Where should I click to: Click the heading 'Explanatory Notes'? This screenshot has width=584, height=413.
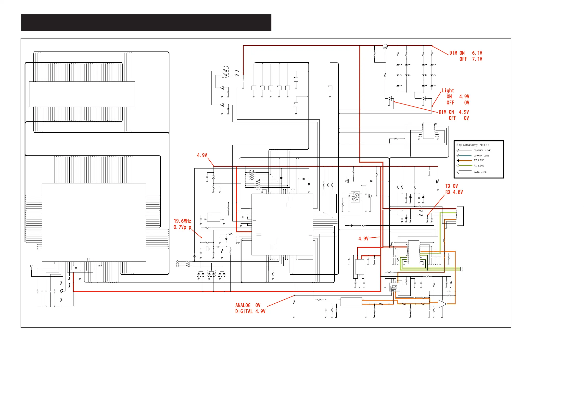[x=473, y=145]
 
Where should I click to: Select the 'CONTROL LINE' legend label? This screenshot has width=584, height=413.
[x=482, y=150]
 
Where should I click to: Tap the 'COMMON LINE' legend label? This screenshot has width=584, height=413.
[x=481, y=155]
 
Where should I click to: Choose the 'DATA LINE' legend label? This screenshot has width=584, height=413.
[x=480, y=172]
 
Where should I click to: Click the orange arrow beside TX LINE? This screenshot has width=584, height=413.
[x=464, y=161]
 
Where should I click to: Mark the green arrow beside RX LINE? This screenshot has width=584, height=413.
[x=464, y=166]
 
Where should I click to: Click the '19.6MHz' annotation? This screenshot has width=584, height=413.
[x=182, y=221]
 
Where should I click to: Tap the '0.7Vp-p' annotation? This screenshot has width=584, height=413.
[x=182, y=227]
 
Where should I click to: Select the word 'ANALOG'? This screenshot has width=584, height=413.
[x=243, y=305]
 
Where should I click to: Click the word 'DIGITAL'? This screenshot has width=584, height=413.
[x=244, y=311]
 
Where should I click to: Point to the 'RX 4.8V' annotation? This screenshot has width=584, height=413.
[x=454, y=192]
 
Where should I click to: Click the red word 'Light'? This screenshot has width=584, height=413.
[x=448, y=90]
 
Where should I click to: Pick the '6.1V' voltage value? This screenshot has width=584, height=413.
[x=477, y=53]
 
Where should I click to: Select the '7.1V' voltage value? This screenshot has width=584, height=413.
[x=477, y=59]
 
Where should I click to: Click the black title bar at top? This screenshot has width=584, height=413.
[x=146, y=22]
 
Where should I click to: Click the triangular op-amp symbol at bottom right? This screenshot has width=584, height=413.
[x=442, y=304]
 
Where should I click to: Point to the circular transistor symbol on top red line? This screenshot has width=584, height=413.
[x=385, y=46]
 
